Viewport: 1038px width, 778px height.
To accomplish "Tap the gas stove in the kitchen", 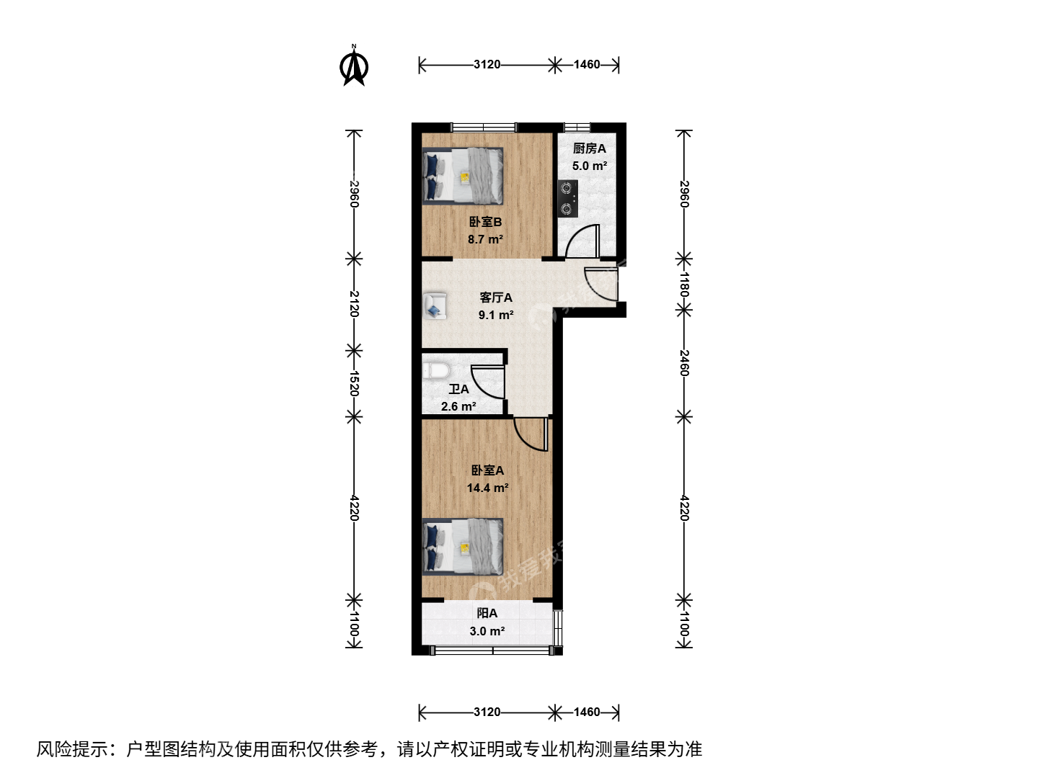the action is coord(567,198).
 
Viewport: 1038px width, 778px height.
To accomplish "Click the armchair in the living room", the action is coord(435,306).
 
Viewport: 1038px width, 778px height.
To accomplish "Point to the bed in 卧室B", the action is coord(463,176).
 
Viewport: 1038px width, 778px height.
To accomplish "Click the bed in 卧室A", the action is coord(463,547).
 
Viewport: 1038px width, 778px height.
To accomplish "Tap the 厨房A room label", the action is coord(589,148).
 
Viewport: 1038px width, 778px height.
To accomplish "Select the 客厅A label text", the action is coord(496,298).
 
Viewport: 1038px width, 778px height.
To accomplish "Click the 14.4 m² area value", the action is coord(487,488).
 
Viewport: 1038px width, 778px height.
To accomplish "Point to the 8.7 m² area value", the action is coord(485,239).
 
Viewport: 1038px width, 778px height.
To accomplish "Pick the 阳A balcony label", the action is coord(487,613).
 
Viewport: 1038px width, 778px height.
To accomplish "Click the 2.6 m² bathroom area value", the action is coord(458,406).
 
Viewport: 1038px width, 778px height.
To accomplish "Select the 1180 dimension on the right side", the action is coord(684,285).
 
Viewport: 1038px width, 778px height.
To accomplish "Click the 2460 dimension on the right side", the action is coord(684,363).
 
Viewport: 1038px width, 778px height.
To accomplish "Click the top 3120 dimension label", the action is coord(487,64).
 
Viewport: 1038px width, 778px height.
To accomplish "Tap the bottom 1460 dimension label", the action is coord(587,712).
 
